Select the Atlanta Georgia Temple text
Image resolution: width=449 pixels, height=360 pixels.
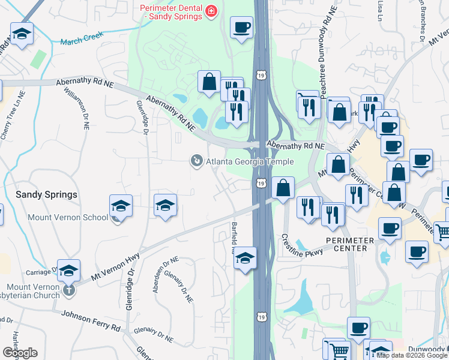pos(250,161)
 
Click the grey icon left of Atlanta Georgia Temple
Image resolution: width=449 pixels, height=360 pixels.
pos(196,161)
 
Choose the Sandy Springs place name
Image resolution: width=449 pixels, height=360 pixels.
pos(46,194)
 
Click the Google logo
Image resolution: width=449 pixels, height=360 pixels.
pos(20,353)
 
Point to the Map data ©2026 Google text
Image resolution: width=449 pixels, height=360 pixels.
pos(412,355)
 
